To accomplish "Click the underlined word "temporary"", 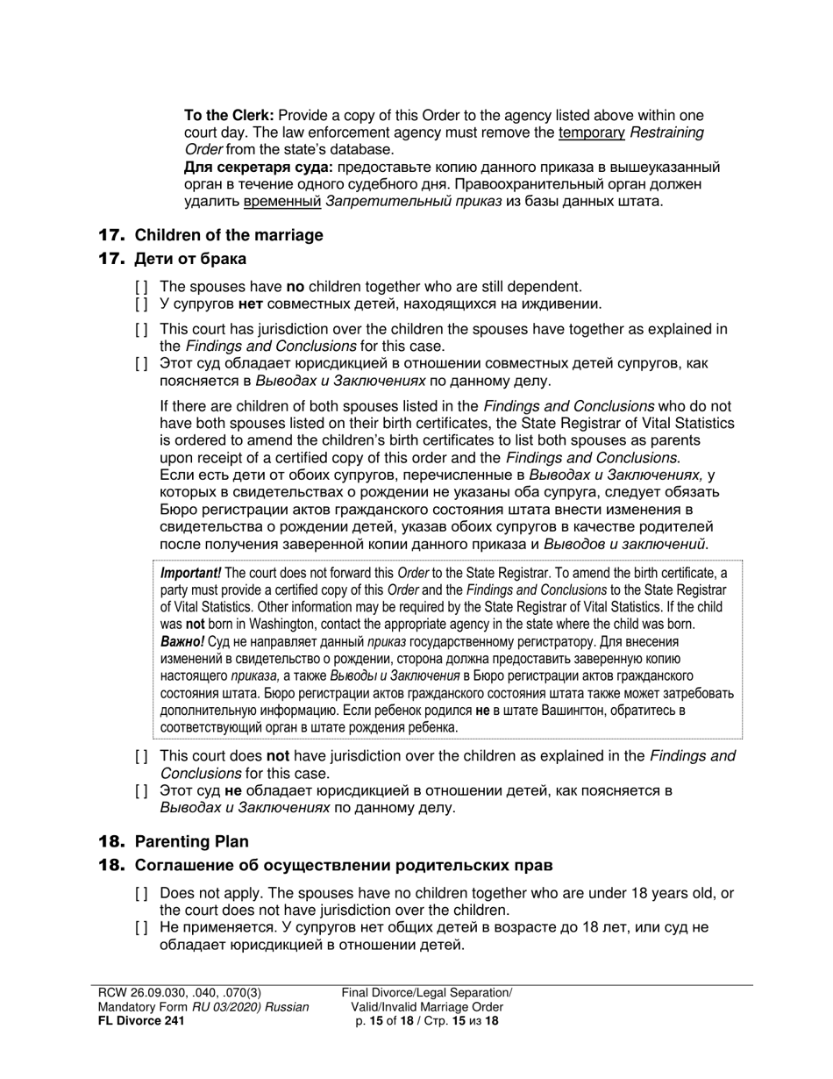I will [587, 132].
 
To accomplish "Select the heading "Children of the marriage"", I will [228, 235].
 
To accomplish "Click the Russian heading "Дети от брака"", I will [190, 259].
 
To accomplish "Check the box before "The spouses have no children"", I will [141, 287].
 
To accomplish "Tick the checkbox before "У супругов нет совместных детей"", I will [141, 304].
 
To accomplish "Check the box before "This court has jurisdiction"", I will [141, 330].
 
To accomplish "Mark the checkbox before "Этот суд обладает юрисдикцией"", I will [141, 364].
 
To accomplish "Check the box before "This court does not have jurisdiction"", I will [141, 757].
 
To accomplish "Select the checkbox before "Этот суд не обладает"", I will [141, 791].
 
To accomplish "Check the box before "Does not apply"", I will [141, 894].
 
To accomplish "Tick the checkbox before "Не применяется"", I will [141, 928].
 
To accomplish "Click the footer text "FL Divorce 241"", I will [141, 1021].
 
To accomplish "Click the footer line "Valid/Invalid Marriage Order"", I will [427, 1007].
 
